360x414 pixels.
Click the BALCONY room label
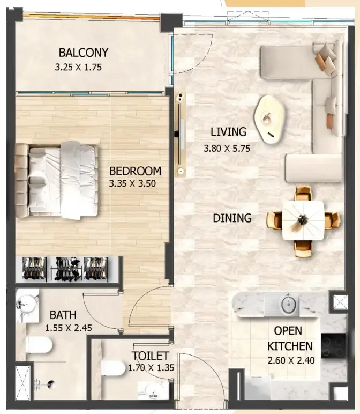tap(84, 53)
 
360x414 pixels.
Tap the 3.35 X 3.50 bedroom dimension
tap(132, 183)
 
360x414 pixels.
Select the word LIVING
tap(228, 132)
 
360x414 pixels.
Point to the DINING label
tap(232, 218)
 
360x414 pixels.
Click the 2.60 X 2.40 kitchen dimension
tap(291, 360)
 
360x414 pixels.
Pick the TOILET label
tap(151, 356)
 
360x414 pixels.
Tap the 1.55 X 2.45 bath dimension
tap(69, 328)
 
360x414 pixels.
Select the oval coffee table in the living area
tap(269, 120)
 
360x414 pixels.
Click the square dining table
tap(303, 220)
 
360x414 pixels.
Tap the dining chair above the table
tap(303, 193)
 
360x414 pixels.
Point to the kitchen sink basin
tap(289, 305)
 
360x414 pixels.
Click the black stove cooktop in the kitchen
tap(333, 345)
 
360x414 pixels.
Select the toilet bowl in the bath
tap(40, 345)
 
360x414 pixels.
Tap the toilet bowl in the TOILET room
tap(114, 368)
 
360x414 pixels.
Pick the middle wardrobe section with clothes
tap(66, 269)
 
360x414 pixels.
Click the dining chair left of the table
tap(274, 220)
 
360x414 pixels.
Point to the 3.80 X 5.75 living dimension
tap(227, 149)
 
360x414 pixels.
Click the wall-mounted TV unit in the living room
tap(181, 134)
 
